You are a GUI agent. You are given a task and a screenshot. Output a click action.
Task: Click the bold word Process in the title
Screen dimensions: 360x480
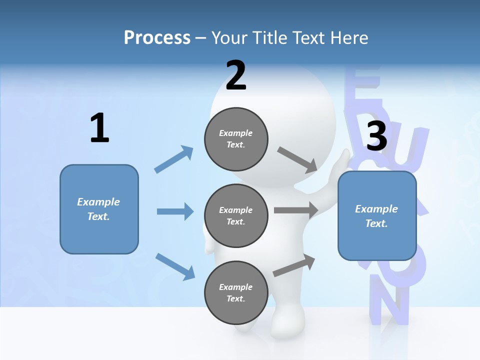(x=157, y=38)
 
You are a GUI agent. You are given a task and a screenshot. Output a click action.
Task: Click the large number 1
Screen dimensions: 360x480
(x=99, y=128)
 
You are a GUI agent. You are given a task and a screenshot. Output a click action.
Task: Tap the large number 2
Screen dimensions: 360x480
(x=236, y=75)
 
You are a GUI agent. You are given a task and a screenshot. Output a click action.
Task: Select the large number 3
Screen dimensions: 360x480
(x=377, y=136)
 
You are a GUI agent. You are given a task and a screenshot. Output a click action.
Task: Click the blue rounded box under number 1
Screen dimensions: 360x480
(x=99, y=209)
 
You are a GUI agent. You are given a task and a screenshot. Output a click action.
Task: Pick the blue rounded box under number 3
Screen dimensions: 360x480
(x=377, y=216)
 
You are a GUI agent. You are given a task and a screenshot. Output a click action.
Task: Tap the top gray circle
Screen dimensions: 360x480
(x=236, y=138)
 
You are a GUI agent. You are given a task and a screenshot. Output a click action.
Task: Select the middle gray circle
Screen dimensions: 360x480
(x=236, y=215)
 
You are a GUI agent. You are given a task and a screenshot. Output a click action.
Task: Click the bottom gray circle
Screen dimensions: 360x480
(x=236, y=292)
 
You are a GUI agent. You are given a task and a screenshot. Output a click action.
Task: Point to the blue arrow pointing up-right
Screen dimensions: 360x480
(x=174, y=159)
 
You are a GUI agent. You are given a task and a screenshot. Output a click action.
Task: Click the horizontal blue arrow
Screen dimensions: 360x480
(x=175, y=211)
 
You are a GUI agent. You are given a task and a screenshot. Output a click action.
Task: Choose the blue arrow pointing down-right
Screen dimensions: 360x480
(x=175, y=266)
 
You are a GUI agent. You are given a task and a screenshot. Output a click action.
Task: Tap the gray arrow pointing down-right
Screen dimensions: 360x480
(x=297, y=159)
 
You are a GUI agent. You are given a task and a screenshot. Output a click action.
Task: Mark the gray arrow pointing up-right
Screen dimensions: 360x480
(x=294, y=265)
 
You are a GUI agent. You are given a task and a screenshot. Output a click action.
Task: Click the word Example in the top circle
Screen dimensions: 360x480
(x=236, y=133)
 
